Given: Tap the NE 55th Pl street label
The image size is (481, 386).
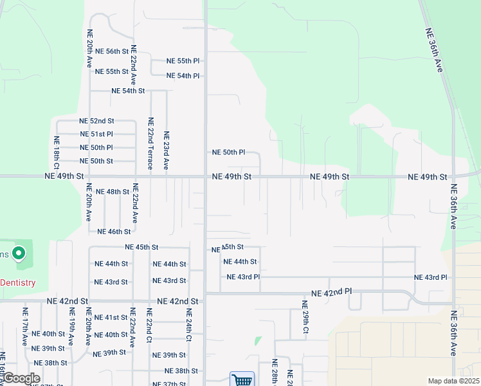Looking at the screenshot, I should pos(183,61).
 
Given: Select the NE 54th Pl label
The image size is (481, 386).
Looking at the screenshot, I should pos(183,76).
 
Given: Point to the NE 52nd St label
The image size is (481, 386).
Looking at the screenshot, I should pos(96,121).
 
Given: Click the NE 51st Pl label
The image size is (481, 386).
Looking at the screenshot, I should pos(96,134).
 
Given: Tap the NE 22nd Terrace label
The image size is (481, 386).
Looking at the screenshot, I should pos(150,143).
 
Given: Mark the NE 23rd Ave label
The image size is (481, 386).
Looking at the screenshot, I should pos(166,151).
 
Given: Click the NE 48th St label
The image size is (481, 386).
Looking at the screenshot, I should pos(113,192).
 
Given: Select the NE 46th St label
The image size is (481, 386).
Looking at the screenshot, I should pos(114,232).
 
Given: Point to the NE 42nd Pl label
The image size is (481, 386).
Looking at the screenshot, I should pos(332,293).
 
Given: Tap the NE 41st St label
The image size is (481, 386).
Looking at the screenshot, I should pos(111,317).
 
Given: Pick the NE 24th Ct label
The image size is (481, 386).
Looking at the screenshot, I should pos(189,326).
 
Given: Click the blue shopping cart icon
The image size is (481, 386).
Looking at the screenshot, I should pos(242,380).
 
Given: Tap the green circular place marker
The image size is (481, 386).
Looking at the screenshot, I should pos(19,254).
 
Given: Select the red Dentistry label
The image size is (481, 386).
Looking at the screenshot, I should pos(17,282).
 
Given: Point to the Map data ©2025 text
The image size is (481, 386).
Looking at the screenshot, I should pos(453,381).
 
